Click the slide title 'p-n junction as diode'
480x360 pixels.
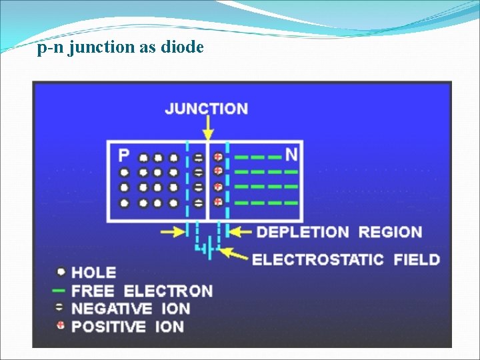(x=121, y=48)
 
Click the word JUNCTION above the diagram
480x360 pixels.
(x=207, y=109)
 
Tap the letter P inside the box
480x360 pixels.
(x=124, y=155)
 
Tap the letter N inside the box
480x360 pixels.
(x=291, y=155)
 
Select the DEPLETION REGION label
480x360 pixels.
(x=339, y=233)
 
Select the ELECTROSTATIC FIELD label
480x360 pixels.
(x=346, y=259)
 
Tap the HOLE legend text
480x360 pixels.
(x=94, y=272)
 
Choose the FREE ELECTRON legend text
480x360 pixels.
(x=141, y=291)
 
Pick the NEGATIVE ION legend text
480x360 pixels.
(x=131, y=309)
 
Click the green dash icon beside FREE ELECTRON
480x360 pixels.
(x=59, y=291)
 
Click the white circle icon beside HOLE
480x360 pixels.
(x=61, y=272)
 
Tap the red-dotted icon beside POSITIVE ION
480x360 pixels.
(x=61, y=326)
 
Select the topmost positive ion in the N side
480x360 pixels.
(x=218, y=158)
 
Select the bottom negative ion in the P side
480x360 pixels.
(x=198, y=203)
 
